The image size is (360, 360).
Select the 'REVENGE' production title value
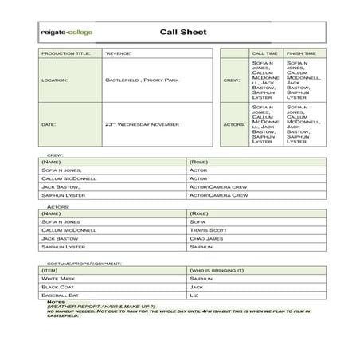click(118, 53)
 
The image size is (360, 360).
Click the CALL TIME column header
click(264, 53)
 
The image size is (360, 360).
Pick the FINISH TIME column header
click(300, 53)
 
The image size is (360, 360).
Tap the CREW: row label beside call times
click(233, 80)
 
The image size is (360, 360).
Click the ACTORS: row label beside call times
click(232, 124)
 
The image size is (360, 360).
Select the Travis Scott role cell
click(207, 230)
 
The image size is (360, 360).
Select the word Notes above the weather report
click(56, 302)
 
